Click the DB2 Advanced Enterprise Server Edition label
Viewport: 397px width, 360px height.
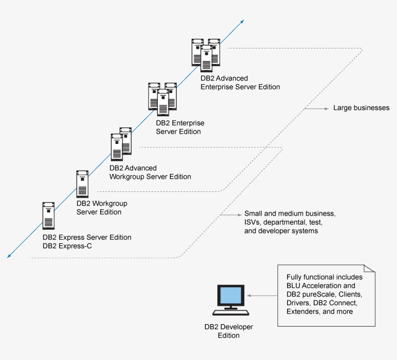click(240, 82)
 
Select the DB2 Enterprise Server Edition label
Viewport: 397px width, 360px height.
click(180, 127)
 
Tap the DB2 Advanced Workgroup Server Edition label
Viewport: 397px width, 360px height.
click(150, 172)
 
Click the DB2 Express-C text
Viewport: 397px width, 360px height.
click(67, 246)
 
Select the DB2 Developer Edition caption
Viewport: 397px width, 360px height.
click(229, 331)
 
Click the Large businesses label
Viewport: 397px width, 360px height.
click(361, 108)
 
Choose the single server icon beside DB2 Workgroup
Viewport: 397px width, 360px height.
click(82, 184)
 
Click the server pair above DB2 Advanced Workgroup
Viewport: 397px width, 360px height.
click(121, 144)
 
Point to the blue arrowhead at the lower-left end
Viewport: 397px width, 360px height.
click(10, 255)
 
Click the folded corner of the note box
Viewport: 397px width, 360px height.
click(370, 269)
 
